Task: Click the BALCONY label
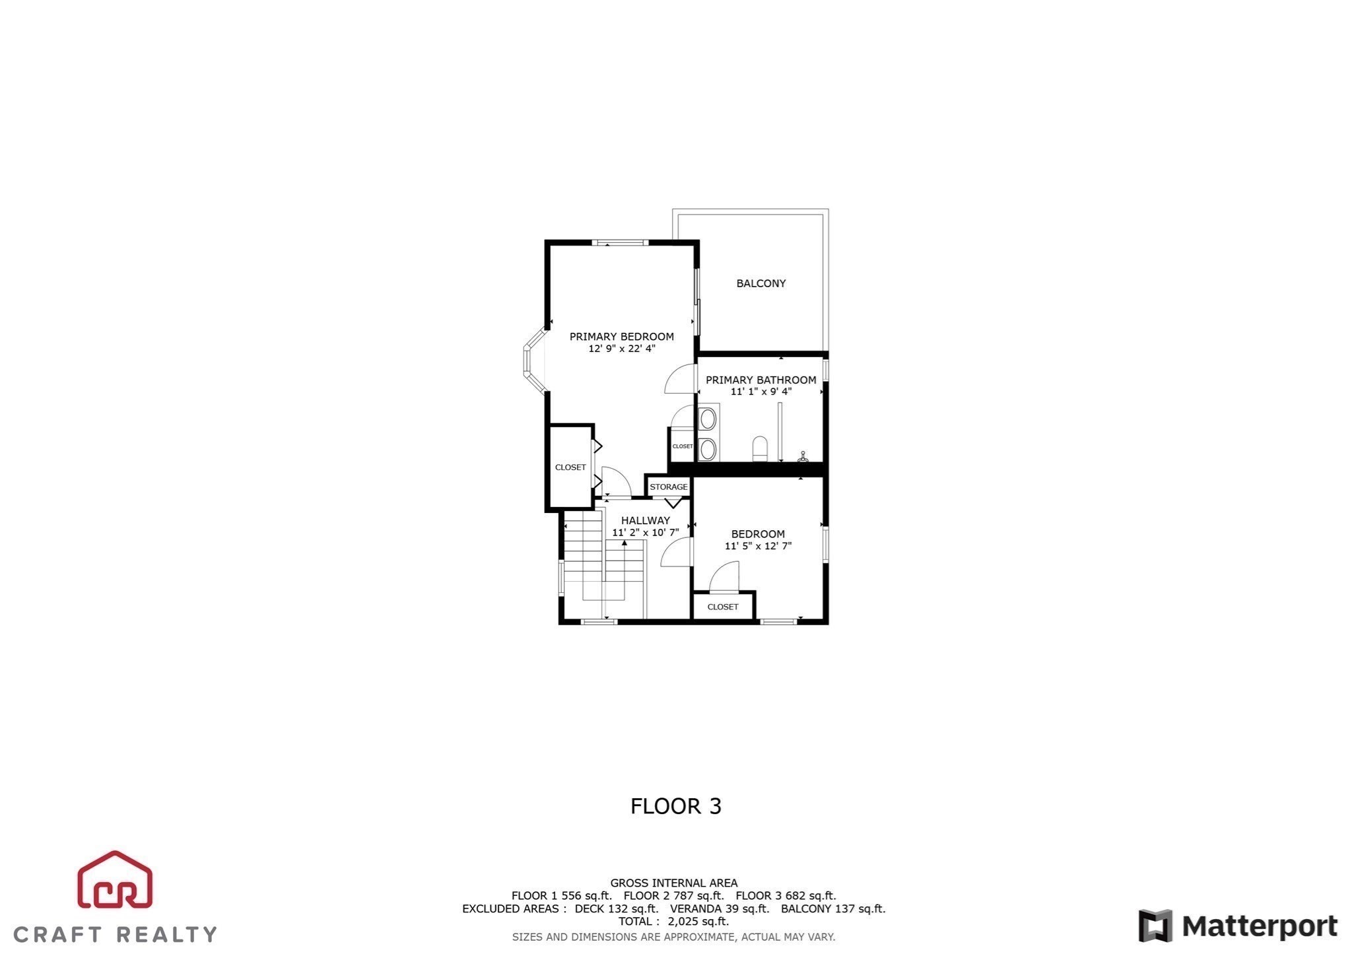click(760, 283)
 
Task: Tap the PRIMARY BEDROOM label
click(621, 337)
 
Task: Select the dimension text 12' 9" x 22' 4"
click(621, 349)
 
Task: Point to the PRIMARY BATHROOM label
click(760, 380)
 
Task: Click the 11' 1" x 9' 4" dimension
click(760, 392)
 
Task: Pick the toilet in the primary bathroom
click(760, 448)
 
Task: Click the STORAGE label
click(669, 487)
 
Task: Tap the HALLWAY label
click(645, 520)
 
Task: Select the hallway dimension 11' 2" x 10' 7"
click(645, 532)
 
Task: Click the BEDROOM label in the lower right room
click(758, 534)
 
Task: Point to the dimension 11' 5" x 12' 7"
click(758, 546)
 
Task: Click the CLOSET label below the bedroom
click(723, 607)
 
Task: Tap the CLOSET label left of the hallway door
click(570, 467)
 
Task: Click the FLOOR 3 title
click(676, 806)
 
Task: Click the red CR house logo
click(116, 879)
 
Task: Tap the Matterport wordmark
click(1260, 926)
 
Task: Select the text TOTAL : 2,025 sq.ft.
click(673, 922)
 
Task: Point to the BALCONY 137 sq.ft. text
click(833, 908)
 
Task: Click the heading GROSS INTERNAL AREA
click(673, 883)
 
